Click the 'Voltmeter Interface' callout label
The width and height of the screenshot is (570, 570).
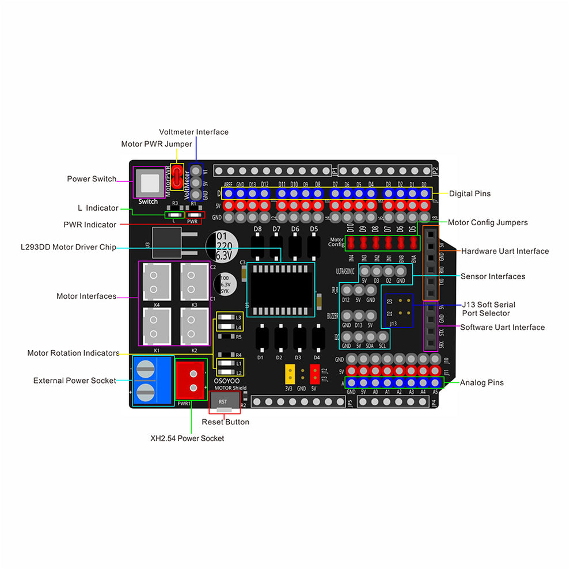pos(193,132)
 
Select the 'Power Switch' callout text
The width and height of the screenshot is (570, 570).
pos(92,179)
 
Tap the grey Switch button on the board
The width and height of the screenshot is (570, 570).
pos(149,183)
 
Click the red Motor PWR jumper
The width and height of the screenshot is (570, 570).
pos(178,178)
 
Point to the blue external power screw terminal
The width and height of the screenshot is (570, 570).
pos(153,381)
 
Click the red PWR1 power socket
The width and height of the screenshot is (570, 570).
pos(190,380)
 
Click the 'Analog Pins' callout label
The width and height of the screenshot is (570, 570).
pos(481,382)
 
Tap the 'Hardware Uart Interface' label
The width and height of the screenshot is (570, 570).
pos(505,251)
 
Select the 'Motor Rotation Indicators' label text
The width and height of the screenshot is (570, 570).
pos(73,353)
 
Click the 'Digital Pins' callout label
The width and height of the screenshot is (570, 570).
pos(470,193)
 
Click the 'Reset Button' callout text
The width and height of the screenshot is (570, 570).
pos(225,422)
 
